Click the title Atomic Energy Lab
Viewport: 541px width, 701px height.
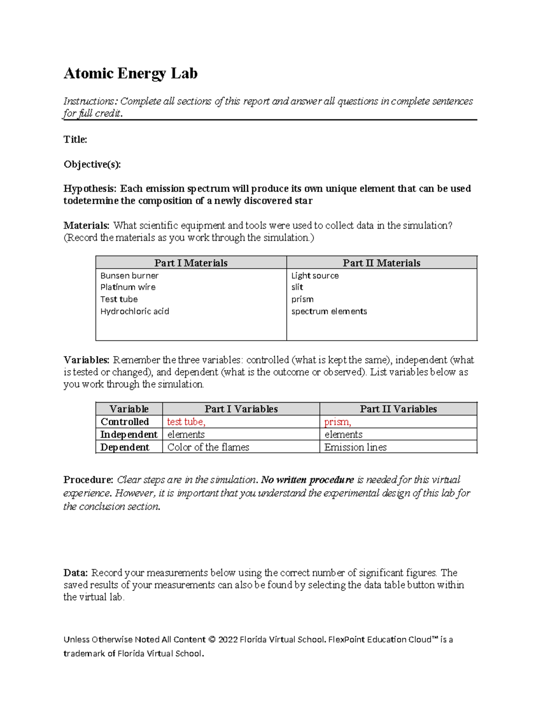coord(130,73)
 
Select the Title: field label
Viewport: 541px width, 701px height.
coord(75,139)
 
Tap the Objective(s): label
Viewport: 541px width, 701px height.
coord(92,164)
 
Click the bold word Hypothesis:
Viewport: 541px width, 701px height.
coord(90,189)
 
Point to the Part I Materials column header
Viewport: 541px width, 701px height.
coord(191,263)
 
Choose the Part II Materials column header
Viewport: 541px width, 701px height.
coord(381,263)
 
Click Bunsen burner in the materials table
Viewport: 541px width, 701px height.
coord(129,275)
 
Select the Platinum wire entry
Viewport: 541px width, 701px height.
coord(128,287)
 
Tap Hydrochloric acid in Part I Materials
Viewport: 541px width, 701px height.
coord(134,311)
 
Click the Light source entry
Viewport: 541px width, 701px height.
coord(315,275)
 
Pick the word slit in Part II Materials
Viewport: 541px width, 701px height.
coord(297,287)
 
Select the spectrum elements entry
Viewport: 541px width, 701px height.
coord(329,311)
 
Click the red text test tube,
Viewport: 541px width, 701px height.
coord(186,422)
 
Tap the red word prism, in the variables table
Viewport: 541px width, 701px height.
coord(338,422)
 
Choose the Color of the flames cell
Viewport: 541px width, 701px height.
coord(208,447)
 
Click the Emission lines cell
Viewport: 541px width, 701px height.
coord(355,447)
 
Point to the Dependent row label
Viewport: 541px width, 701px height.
coord(124,447)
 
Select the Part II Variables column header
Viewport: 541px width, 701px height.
coord(398,409)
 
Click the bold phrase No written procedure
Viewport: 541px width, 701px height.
coord(307,479)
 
